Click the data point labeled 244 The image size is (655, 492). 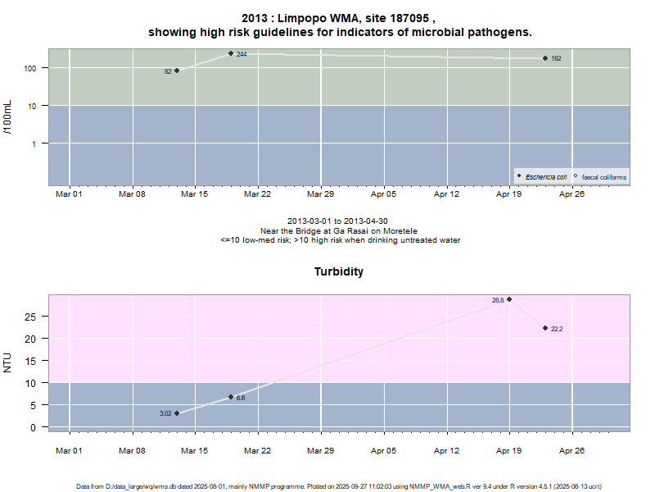pos(231,53)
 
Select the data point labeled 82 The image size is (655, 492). pos(177,71)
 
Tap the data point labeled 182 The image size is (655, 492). pos(545,58)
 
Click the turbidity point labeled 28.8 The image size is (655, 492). pos(509,299)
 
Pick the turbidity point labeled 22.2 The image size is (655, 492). pos(545,328)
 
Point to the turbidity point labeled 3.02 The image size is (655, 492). pos(177,413)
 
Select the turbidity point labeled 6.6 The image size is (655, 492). pos(231,397)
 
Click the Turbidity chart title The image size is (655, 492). pos(339,271)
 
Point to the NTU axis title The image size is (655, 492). pos(8,362)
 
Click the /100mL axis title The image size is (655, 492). pos(8,117)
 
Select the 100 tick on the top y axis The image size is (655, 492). pos(34,68)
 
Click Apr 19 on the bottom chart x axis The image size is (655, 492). pos(509,450)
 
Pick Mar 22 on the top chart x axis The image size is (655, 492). pos(258,194)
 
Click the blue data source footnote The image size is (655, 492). pos(340,486)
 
